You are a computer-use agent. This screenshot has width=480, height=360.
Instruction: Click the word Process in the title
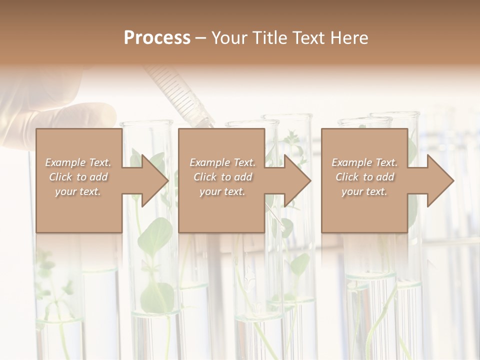(157, 38)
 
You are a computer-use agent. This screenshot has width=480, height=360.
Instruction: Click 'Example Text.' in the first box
(78, 162)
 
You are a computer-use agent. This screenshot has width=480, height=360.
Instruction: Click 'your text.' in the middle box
(222, 191)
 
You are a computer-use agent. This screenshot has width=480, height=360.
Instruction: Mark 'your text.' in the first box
(78, 191)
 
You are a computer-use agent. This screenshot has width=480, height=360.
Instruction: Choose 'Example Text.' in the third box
(364, 162)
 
